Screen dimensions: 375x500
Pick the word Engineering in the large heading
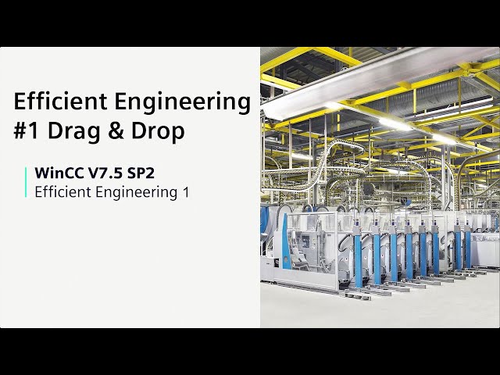pyautogui.click(x=188, y=102)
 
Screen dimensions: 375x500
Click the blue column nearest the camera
pyautogui.click(x=359, y=254)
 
